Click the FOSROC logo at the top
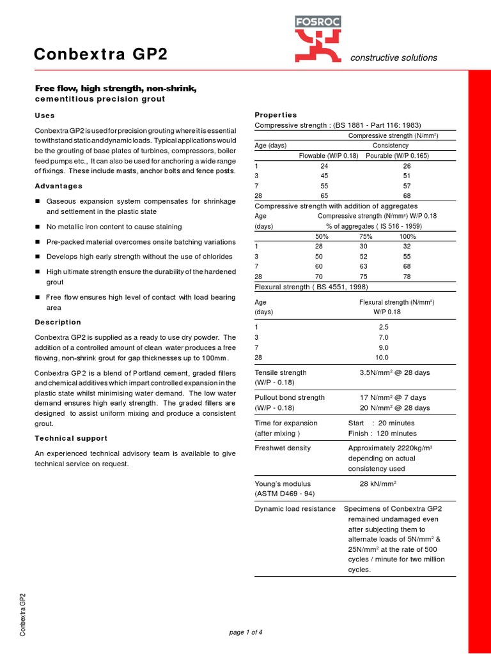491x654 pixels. pos(318,38)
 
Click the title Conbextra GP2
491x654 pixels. pos(101,55)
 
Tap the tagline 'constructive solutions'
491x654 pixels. pos(393,57)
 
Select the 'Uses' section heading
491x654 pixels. pos(44,116)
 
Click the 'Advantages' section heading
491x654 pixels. pos(58,186)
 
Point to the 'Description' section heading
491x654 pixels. pos(58,322)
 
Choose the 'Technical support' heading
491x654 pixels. pos(70,438)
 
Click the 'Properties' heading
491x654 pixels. pos(276,114)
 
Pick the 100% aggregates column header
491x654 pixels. pos(407,236)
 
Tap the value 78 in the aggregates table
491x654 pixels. pos(407,277)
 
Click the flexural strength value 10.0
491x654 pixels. pos(382,358)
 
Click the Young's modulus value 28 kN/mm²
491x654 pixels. pos(378,483)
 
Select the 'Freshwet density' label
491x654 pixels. pos(283,448)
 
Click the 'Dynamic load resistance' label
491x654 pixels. pos(295,508)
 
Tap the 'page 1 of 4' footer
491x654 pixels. pos(245,632)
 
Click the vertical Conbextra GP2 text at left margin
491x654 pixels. pos(22,614)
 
